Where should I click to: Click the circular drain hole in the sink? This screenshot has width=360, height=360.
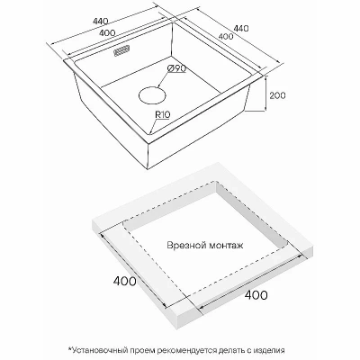(x=152, y=95)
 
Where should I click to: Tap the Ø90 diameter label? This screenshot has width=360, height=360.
(x=176, y=68)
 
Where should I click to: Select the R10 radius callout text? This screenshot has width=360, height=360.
(x=163, y=115)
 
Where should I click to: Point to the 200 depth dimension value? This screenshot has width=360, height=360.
(x=277, y=95)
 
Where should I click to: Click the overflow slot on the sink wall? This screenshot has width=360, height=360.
(x=121, y=50)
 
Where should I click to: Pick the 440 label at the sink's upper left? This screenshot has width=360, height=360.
(x=100, y=22)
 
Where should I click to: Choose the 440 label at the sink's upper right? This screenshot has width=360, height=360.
(x=241, y=28)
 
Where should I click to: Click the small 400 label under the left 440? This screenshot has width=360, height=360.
(x=106, y=33)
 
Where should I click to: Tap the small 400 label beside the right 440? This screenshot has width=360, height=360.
(x=226, y=36)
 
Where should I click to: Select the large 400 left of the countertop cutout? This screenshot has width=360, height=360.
(x=124, y=281)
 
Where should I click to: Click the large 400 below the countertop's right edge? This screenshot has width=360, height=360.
(x=256, y=295)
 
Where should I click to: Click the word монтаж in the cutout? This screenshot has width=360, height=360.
(x=226, y=246)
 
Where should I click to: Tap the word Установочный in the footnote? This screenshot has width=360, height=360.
(x=99, y=350)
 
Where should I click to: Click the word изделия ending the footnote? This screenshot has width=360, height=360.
(x=269, y=350)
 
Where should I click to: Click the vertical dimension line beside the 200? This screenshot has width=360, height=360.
(x=265, y=94)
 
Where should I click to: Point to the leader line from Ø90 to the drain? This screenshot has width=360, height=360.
(x=163, y=80)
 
